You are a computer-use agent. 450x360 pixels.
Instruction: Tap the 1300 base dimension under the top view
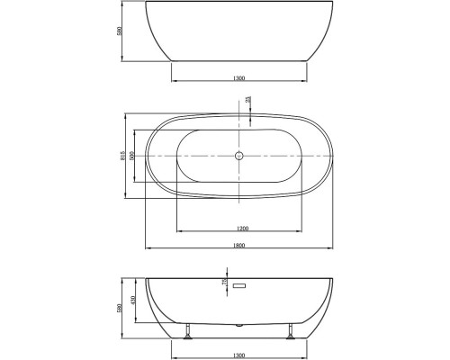[238, 77]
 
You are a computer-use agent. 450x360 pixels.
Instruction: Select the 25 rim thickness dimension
[248, 101]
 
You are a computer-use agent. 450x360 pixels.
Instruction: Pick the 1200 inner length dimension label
[238, 229]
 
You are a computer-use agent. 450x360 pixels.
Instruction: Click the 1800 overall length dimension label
[238, 245]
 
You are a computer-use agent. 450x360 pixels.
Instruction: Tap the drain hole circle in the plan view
[238, 157]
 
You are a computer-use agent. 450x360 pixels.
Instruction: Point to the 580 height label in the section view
[121, 308]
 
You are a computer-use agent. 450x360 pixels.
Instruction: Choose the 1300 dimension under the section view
[238, 354]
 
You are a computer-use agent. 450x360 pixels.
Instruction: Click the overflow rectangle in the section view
[238, 286]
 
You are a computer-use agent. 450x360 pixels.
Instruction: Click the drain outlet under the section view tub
[238, 323]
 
